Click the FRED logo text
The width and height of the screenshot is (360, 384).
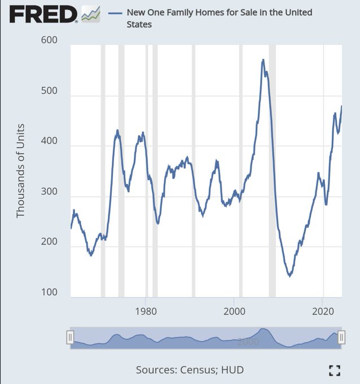coord(43,14)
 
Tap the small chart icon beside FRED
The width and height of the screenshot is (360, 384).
coord(90,14)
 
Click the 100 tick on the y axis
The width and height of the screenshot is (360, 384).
coord(50,293)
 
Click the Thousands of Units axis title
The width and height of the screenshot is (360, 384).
coord(21,170)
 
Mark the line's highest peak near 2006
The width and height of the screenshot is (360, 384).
coord(263,59)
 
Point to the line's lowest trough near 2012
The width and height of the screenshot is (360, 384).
coord(289,276)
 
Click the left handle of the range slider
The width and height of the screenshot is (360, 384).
coord(70,337)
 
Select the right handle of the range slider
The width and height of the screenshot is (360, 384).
coord(341,337)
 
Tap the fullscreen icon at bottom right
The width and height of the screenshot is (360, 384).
coord(335,370)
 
